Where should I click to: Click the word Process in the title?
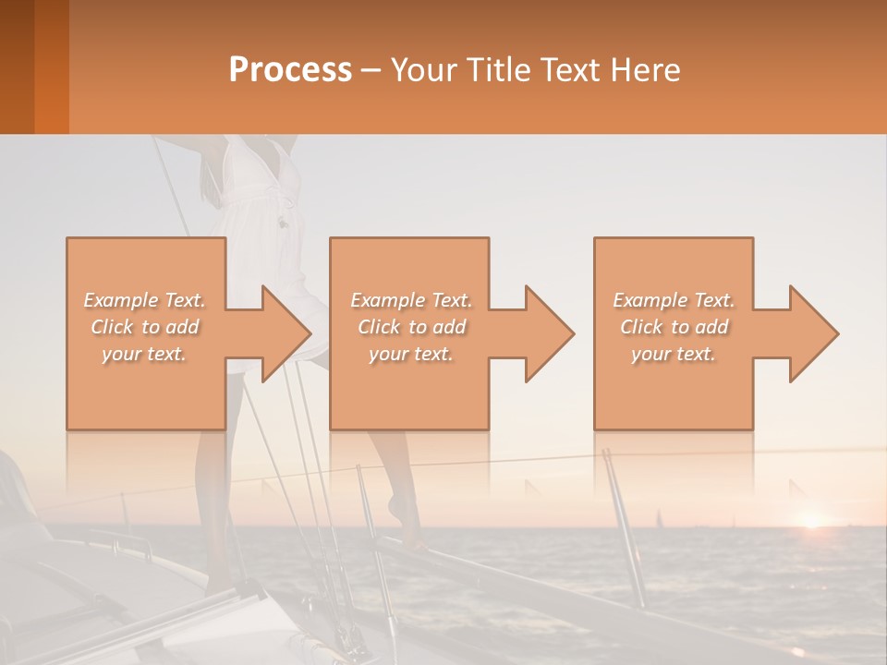[x=290, y=70]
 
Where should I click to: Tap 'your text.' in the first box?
[x=144, y=354]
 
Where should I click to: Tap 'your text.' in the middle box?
[x=410, y=354]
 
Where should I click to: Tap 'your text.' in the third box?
[x=674, y=354]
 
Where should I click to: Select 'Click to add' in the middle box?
[x=410, y=327]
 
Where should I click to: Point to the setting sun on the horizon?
[x=811, y=520]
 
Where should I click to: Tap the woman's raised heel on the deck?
[x=396, y=508]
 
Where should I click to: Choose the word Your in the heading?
[x=422, y=70]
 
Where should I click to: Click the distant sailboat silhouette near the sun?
[x=658, y=517]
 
